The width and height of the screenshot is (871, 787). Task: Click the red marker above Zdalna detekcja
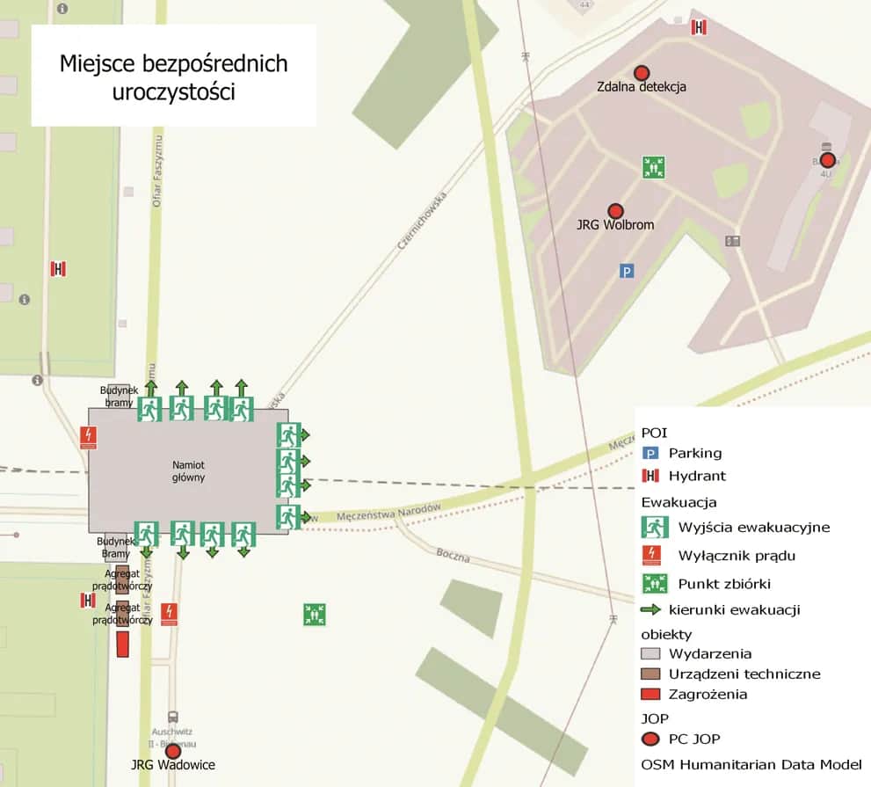(x=642, y=72)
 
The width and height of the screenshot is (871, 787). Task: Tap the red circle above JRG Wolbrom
(x=615, y=211)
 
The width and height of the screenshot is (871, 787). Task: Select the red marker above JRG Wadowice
(x=173, y=751)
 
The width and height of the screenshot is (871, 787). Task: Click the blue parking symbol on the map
(x=627, y=271)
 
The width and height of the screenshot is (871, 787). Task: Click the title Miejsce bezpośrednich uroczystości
(x=173, y=77)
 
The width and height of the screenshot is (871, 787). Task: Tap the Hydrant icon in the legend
(x=650, y=476)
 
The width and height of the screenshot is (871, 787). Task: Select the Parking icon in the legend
(x=650, y=454)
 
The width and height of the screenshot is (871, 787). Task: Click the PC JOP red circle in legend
(x=650, y=739)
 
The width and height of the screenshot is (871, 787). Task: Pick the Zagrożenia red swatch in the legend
(x=650, y=695)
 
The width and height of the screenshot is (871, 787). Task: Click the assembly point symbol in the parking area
(x=652, y=166)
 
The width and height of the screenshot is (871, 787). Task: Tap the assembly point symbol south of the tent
(x=315, y=614)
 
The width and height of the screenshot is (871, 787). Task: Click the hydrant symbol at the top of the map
(x=700, y=27)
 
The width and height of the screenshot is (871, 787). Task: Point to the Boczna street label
(x=453, y=557)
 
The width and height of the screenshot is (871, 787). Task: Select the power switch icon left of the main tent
(x=88, y=437)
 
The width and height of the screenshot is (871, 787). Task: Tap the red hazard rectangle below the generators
(x=123, y=643)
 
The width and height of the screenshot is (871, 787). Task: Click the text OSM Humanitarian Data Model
(x=751, y=764)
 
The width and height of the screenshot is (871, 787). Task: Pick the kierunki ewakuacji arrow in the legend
(x=650, y=609)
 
